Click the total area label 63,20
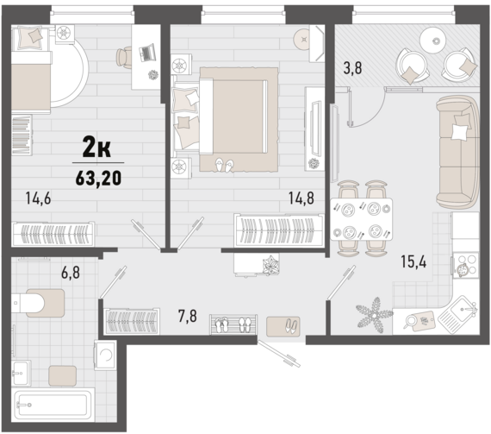pos(98,179)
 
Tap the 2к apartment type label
pos(96,148)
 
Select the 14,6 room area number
pos(38,198)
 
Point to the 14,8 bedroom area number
pos(301,198)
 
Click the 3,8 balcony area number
pos(352,68)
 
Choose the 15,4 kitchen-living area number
pos(413,261)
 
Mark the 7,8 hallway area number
pos(188,316)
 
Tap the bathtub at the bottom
pos(53,404)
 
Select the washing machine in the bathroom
pos(105,355)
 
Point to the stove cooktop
pos(466,265)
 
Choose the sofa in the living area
pos(457,152)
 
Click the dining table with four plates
pos(362,219)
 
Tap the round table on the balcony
pos(435,41)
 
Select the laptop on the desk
pos(146,53)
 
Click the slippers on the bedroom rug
pos(225,165)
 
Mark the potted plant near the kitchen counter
pos(375,315)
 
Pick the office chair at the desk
pos(124,57)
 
